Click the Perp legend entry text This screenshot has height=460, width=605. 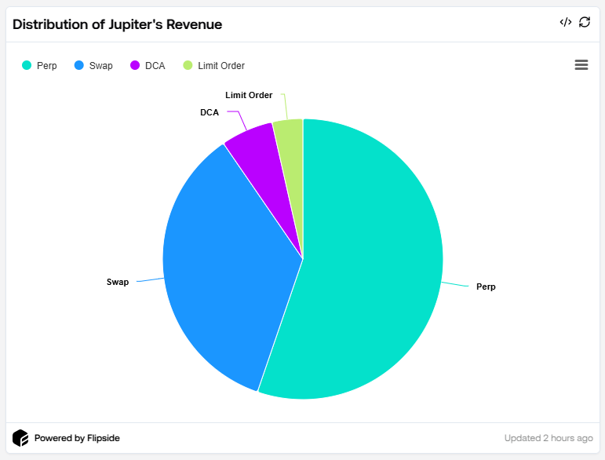(47, 66)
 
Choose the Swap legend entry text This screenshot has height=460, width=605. (100, 66)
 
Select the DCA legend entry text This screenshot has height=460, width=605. (155, 66)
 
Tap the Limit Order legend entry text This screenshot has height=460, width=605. (221, 66)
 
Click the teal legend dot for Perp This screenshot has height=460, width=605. (26, 66)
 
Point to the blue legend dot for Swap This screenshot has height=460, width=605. (78, 66)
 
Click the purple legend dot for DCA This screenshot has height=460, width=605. (135, 66)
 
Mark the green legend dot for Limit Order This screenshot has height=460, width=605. (188, 66)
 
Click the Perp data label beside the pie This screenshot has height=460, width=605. (486, 287)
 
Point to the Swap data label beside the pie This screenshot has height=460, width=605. (117, 281)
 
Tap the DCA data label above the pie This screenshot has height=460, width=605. (210, 112)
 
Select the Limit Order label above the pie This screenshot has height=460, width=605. (249, 95)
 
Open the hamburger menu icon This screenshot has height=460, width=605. (581, 65)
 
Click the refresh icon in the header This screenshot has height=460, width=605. (585, 22)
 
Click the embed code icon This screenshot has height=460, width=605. (565, 22)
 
